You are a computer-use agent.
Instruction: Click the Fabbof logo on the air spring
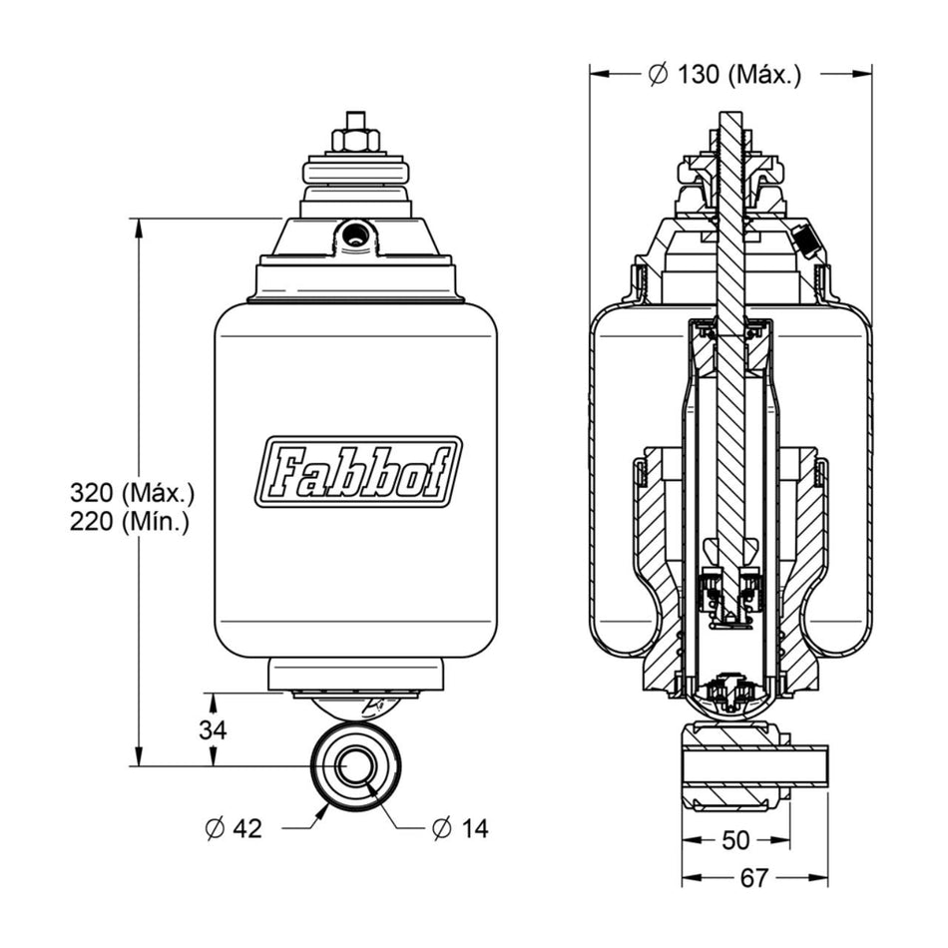(x=358, y=472)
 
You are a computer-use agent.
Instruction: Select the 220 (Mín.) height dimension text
(x=130, y=521)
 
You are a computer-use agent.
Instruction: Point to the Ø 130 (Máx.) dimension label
(x=724, y=75)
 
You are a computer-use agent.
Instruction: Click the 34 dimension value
(x=213, y=729)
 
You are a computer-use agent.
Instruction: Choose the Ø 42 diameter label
(x=234, y=828)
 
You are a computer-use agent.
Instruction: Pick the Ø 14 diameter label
(x=460, y=828)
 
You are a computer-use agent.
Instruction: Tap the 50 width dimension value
(x=735, y=840)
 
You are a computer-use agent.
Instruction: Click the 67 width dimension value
(x=754, y=878)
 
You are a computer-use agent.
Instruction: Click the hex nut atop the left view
(x=356, y=136)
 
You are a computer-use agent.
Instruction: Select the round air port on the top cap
(x=354, y=236)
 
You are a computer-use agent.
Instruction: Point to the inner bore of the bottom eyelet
(x=354, y=766)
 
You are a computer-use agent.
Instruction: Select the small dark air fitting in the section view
(x=804, y=240)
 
